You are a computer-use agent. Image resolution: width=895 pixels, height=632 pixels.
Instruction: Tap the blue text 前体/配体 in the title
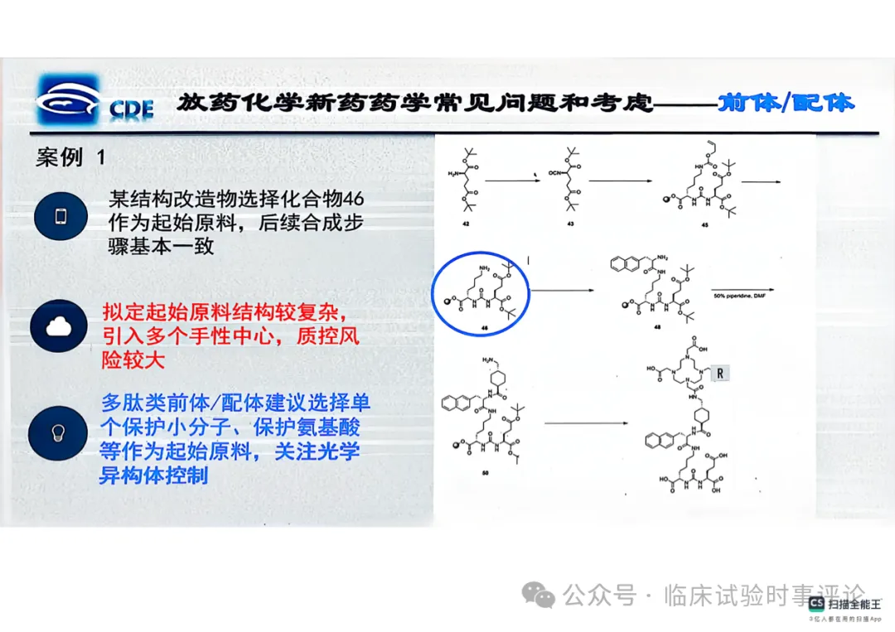tap(786, 103)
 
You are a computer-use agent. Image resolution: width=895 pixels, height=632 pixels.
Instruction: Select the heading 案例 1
tap(70, 157)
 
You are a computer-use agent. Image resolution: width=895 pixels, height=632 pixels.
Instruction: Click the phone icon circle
tap(60, 217)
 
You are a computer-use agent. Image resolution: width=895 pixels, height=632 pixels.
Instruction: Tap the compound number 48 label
tap(659, 328)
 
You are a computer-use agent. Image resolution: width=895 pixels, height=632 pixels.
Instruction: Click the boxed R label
tap(720, 373)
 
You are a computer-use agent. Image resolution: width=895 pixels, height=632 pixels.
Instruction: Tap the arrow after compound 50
tap(587, 423)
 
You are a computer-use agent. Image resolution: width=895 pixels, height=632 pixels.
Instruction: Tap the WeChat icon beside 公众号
tap(543, 594)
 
